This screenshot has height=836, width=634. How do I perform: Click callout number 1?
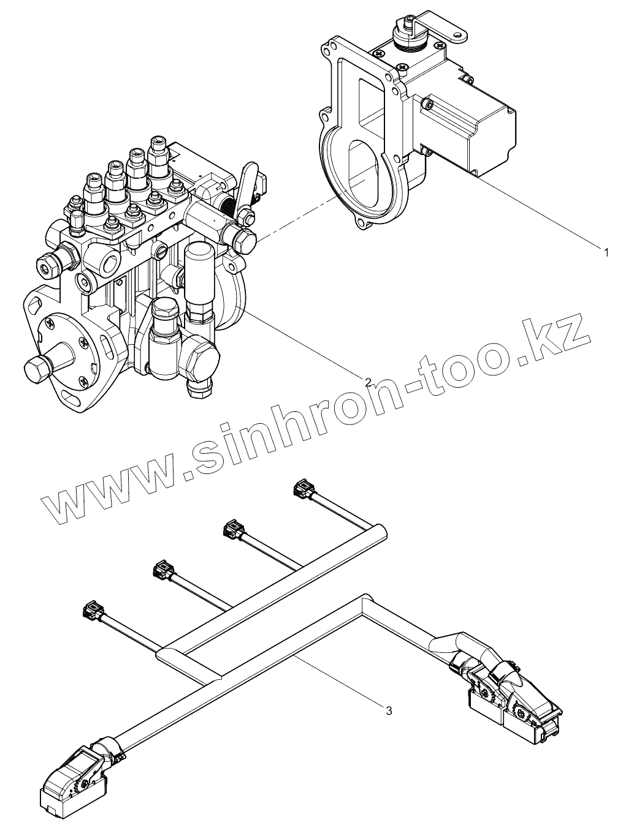click(x=606, y=252)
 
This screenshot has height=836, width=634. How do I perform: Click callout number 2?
click(x=368, y=382)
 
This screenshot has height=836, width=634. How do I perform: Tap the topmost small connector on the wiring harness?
click(x=302, y=488)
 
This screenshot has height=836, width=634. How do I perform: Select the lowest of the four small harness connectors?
click(x=91, y=610)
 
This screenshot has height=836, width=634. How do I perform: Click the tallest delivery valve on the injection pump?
click(x=158, y=156)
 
